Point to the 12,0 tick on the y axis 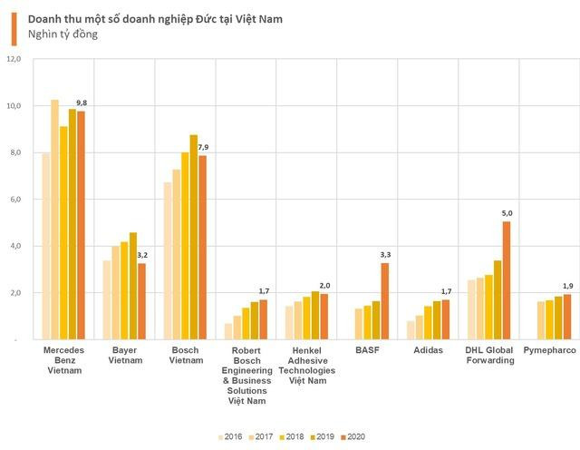pyautogui.click(x=13, y=60)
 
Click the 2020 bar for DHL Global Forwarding pyautogui.click(x=506, y=281)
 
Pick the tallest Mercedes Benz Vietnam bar pyautogui.click(x=54, y=220)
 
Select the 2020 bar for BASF pyautogui.click(x=384, y=301)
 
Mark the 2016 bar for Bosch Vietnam pyautogui.click(x=167, y=261)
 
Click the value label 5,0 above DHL pyautogui.click(x=506, y=213)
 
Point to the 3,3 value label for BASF pyautogui.click(x=384, y=255)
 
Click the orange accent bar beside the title pyautogui.click(x=14, y=26)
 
